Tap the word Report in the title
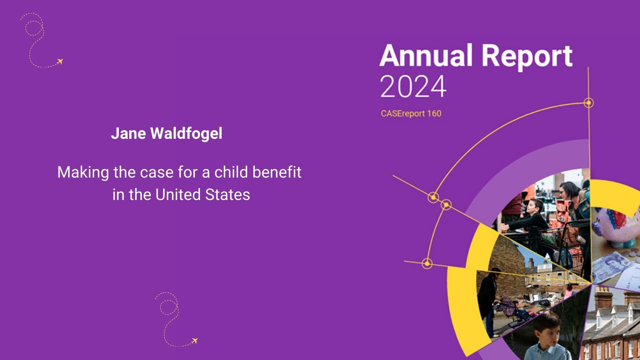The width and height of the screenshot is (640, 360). point(527,57)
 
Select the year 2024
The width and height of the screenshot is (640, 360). point(413,86)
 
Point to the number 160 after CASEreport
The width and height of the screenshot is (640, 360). point(434,114)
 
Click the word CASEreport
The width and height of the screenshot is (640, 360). point(403,114)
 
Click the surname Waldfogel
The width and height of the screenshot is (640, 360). point(186,134)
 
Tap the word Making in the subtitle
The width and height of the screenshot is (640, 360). point(83,173)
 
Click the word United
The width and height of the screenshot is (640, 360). point(178,194)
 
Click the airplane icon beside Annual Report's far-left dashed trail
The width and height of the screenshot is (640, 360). point(60,62)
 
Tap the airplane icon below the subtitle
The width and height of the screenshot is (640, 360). point(194,340)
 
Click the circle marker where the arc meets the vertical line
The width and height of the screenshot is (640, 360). point(588,103)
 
